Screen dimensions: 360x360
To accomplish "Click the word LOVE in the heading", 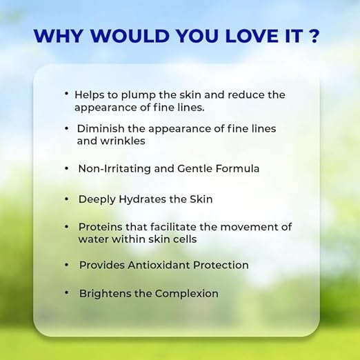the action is coord(252,36).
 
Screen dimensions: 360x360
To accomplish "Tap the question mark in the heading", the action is coord(313,36).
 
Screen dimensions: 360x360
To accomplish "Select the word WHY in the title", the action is coord(58,36).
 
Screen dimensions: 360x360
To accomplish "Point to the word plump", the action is coord(138,95).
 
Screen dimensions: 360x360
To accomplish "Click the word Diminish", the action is coord(101,128).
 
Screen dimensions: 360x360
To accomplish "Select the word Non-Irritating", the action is coord(114,168).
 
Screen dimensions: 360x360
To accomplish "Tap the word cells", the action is coord(185,239).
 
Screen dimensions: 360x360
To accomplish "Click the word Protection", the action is coord(221,265).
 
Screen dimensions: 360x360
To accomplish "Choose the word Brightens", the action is coord(105,293).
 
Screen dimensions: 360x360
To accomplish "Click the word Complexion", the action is coord(186,294).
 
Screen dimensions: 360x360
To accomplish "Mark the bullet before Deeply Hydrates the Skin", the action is coord(67,199).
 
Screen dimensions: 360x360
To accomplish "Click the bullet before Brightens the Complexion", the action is coord(67,292).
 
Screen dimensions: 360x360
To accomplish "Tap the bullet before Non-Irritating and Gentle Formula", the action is coord(67,168).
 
